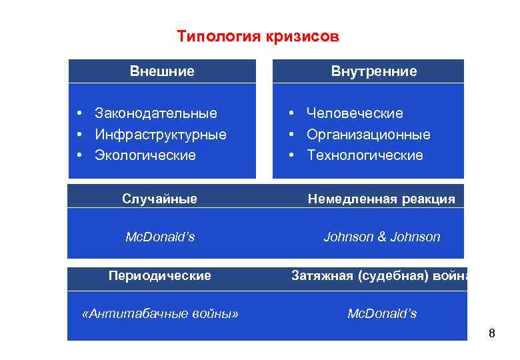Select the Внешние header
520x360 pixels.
pyautogui.click(x=162, y=71)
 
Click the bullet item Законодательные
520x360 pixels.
pyautogui.click(x=156, y=113)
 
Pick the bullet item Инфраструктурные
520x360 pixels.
pyautogui.click(x=161, y=135)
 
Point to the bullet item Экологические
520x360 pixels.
pyautogui.click(x=145, y=155)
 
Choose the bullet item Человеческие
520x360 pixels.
pyautogui.click(x=355, y=113)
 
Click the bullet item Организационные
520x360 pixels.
pyautogui.click(x=368, y=135)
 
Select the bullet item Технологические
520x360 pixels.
pyautogui.click(x=365, y=155)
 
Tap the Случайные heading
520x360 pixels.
pyautogui.click(x=159, y=198)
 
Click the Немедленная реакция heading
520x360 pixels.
pyautogui.click(x=381, y=199)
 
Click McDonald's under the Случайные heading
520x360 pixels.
pyautogui.click(x=160, y=237)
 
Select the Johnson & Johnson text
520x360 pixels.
pyautogui.click(x=381, y=237)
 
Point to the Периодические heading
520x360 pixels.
pyautogui.click(x=160, y=275)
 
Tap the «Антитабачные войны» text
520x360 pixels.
pyautogui.click(x=159, y=313)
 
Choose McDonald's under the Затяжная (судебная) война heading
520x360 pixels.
pyautogui.click(x=382, y=313)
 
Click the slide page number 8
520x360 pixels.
pyautogui.click(x=492, y=333)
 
